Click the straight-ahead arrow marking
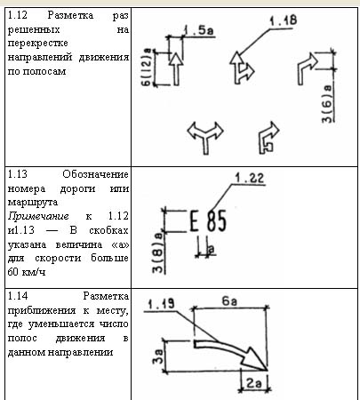tap(176, 69)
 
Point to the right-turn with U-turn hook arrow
tap(268, 138)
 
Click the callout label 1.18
tap(283, 20)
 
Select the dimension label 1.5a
tap(199, 30)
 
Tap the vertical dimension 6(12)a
tap(148, 68)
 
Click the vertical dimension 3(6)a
tap(328, 104)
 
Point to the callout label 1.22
tap(249, 178)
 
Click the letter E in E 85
tap(194, 220)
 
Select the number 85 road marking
tap(217, 220)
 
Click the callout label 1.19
tap(161, 304)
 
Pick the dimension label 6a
tap(229, 301)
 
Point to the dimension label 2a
tap(254, 384)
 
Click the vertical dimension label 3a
tap(158, 356)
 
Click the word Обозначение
tap(95, 174)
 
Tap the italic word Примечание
tap(38, 216)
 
